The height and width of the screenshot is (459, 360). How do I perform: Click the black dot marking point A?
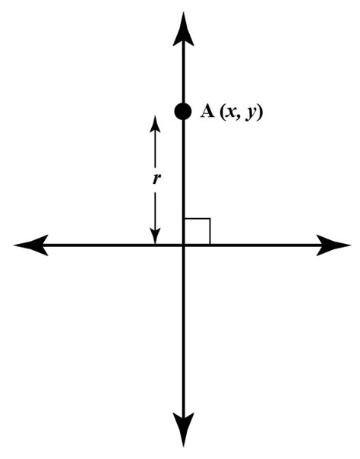pos(183,111)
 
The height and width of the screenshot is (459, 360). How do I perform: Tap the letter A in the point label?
pos(207,112)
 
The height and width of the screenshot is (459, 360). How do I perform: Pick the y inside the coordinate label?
pos(250,113)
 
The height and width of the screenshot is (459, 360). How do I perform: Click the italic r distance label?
pos(156,180)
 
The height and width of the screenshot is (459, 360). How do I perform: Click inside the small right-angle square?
pos(197,232)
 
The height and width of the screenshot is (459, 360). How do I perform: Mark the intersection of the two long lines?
pos(183,245)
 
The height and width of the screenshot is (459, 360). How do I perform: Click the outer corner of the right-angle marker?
pos(210,220)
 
